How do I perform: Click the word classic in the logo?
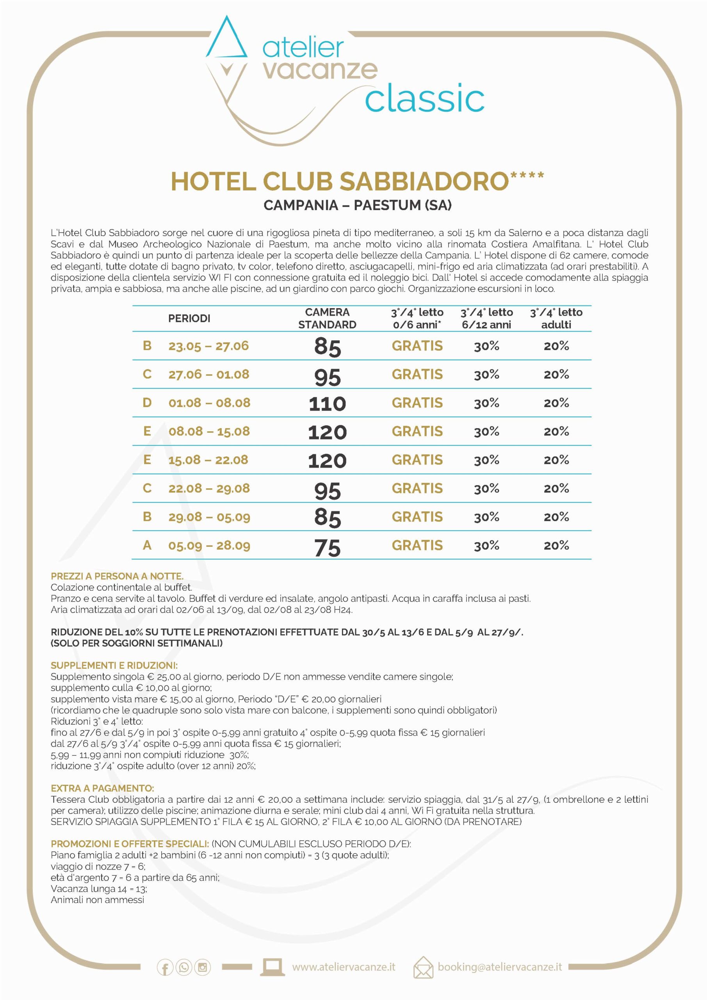coord(424,99)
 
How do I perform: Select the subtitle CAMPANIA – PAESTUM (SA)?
coord(358,205)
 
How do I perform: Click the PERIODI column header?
coord(189,318)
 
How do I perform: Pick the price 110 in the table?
coord(328,404)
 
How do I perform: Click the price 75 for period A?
coord(328,547)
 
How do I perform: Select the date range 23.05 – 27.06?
coord(208,346)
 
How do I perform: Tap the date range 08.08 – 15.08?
coord(209,432)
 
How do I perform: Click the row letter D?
coord(147,403)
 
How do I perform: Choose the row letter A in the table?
coord(147,545)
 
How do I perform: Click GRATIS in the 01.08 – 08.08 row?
coord(417,403)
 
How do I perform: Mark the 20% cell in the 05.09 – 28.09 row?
coord(556,546)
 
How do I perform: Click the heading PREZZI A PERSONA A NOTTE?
coord(117,576)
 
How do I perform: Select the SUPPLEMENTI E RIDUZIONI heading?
coord(114,666)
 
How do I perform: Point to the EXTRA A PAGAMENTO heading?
coord(102,788)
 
